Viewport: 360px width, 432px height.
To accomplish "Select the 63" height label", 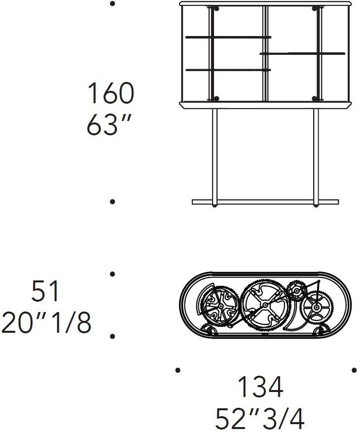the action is pos(108,125).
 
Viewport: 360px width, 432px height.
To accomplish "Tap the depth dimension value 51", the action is pos(45,291).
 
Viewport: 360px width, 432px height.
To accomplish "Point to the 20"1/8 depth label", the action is pos(46,322).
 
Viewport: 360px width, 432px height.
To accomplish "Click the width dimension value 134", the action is pos(260,387).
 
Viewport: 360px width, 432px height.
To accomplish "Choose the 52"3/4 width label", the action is pos(260,419).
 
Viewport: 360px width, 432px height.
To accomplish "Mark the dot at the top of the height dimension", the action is pos(112,4).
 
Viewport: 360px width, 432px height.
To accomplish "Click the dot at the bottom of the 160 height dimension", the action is pos(112,201).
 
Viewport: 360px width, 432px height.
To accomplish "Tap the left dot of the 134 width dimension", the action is pos(178,370).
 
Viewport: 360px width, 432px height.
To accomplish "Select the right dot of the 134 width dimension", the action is pos(354,370).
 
